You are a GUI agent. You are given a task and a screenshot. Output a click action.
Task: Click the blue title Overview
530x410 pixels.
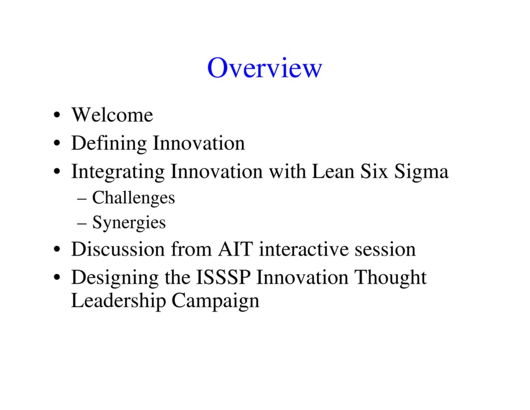264,68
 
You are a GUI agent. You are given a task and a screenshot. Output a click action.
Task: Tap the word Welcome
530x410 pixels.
112,115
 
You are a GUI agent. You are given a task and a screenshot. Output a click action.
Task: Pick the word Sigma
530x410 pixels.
421,172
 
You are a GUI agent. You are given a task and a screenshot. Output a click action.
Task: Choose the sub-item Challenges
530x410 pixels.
133,198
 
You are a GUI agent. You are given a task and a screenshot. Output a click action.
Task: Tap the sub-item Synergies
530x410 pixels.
129,223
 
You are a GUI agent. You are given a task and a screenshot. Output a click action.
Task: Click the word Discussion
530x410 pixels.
119,249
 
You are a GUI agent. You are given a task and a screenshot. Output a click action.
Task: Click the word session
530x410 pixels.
385,249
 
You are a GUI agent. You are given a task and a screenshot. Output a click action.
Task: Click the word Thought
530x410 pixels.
390,278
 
